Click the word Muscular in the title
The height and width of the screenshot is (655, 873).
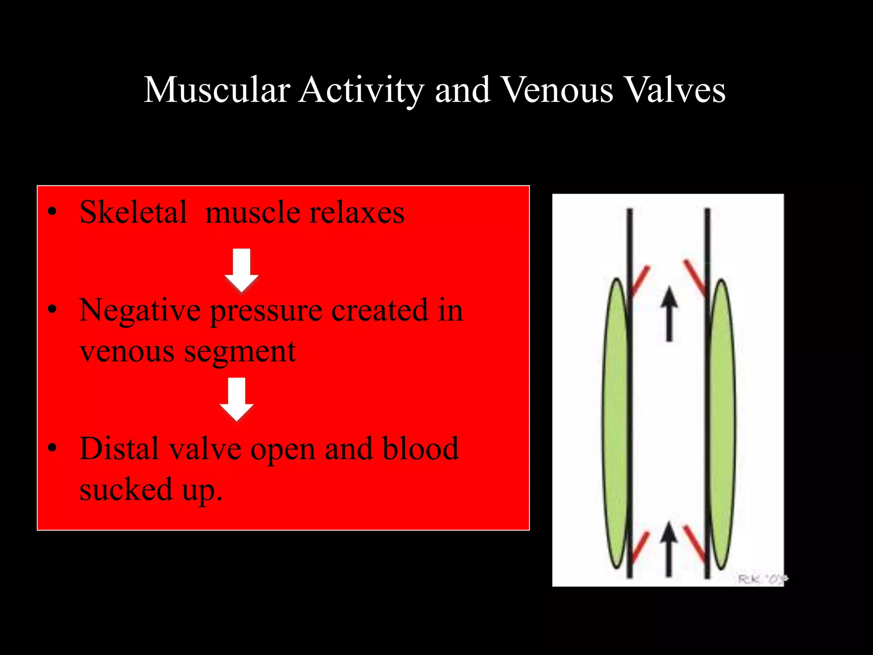coord(217,90)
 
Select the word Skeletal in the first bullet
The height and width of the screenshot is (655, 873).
coord(133,212)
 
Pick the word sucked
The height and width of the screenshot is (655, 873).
coord(126,489)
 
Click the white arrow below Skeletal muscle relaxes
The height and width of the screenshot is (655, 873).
coord(242,270)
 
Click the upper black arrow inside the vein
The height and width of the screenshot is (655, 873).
coord(669,313)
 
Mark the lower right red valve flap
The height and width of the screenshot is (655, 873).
coord(695,544)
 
